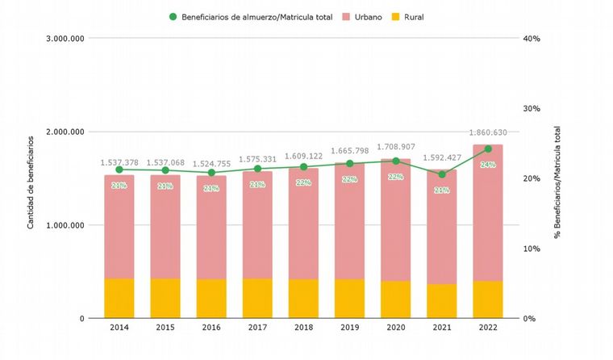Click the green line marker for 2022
487,149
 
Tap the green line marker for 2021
441,174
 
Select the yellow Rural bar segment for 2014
119,299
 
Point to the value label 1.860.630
488,133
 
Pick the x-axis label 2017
257,329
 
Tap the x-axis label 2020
395,329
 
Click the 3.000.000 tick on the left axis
67,38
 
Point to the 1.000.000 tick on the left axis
67,225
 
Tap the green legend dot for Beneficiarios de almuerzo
173,15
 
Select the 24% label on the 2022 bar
488,165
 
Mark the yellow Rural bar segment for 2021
441,301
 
